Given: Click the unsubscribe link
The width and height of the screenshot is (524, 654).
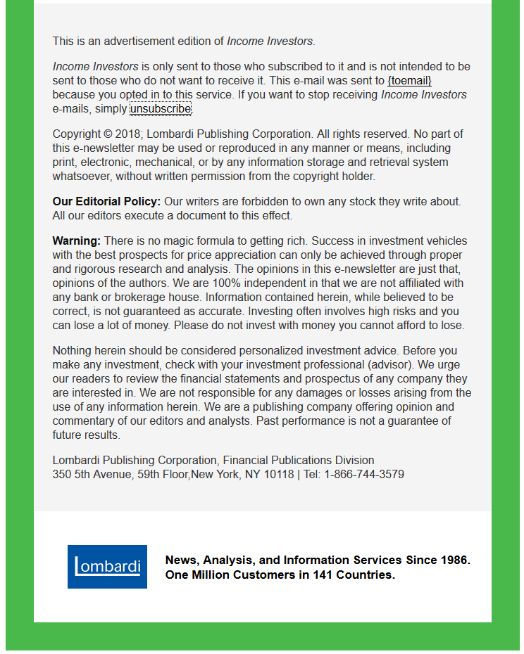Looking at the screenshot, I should (160, 109).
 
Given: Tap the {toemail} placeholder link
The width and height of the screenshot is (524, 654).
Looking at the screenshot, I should (409, 81).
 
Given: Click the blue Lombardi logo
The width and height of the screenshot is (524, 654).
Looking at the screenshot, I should (107, 567).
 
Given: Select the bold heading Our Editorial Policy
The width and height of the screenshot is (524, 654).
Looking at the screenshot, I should (106, 202).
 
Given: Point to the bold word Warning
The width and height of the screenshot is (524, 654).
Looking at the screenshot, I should (76, 241).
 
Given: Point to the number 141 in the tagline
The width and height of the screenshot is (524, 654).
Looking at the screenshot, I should (325, 575).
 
